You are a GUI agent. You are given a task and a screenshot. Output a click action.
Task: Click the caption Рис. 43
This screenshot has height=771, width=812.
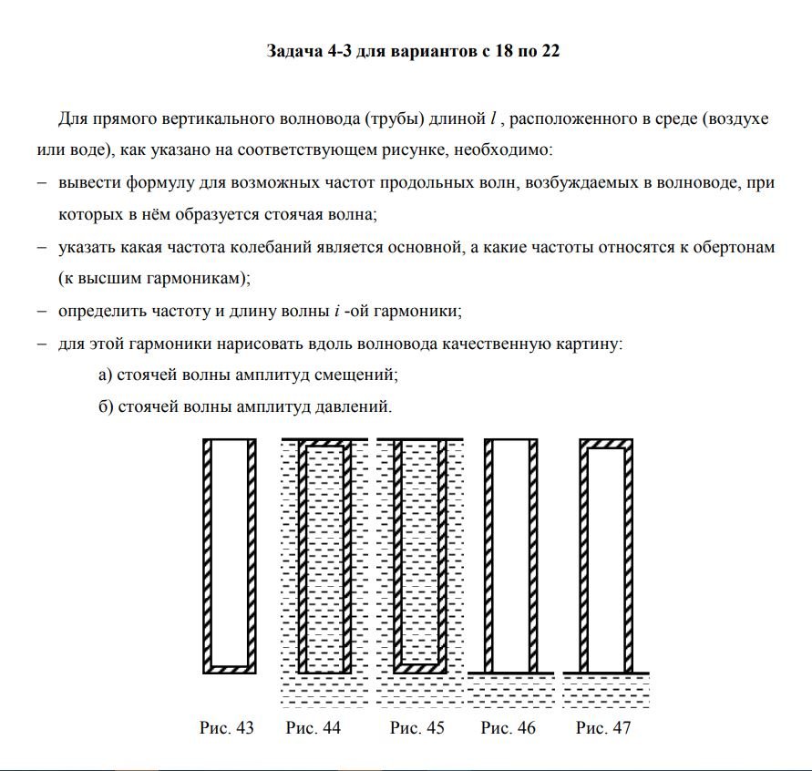coord(226,728)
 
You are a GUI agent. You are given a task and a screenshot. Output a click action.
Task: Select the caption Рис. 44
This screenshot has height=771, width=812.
coord(313,728)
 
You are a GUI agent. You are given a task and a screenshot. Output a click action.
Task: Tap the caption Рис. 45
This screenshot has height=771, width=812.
coord(417,728)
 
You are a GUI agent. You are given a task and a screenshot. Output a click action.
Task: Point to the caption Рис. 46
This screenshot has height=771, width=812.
coord(509,728)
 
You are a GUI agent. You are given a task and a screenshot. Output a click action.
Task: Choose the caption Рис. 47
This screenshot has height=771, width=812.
coord(603,728)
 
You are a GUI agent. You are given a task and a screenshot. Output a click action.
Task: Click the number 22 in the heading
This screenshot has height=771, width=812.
coord(550,51)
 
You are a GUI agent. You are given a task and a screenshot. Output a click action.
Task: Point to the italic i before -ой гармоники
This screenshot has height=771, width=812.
coord(337,311)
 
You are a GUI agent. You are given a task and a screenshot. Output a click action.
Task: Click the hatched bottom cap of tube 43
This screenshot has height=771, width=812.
coord(228,667)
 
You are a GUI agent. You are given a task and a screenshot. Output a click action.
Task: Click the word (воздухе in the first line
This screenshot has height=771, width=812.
coord(735,119)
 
